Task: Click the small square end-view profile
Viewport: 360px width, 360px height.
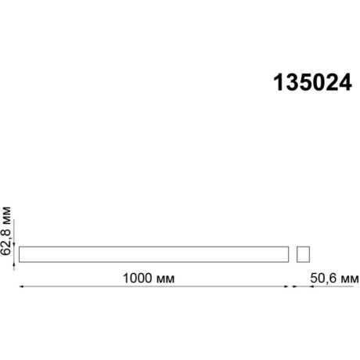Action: click(x=304, y=254)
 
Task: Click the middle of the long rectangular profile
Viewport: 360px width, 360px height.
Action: click(x=153, y=254)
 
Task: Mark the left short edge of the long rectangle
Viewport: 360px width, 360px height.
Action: click(x=19, y=254)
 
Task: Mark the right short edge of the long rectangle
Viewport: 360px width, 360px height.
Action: click(x=289, y=254)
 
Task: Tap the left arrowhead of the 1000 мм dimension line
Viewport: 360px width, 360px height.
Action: click(x=22, y=288)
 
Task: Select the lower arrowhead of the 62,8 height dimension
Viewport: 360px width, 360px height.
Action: click(x=14, y=263)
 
